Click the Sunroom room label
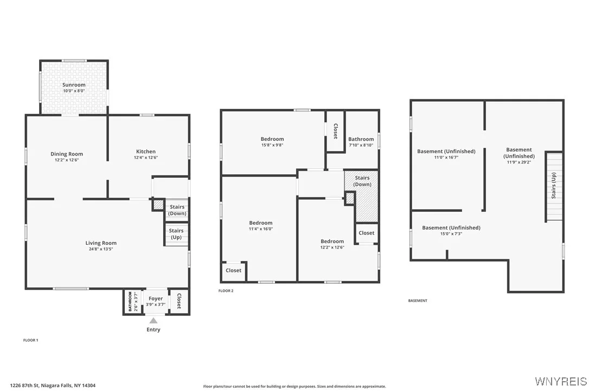tap(74, 85)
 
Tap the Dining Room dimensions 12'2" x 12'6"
tap(67, 160)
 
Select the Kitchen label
tap(145, 152)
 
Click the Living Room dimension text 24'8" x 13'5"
tap(101, 249)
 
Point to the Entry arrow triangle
tap(153, 321)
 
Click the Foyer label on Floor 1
tap(155, 298)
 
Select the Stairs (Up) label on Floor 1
tap(176, 234)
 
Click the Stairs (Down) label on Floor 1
tap(177, 210)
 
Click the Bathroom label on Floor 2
tap(361, 139)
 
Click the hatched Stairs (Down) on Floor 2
tap(362, 181)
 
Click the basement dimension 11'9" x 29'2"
tap(519, 161)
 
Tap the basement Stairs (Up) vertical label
tap(554, 186)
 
